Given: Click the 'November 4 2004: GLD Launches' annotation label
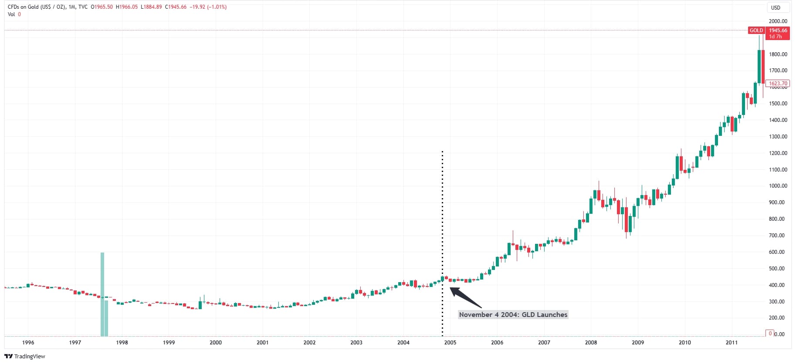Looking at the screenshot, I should point(513,315).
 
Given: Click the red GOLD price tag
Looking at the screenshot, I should point(756,30).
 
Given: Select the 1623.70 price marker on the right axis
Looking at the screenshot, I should point(778,84).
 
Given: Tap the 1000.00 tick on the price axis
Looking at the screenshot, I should point(778,186).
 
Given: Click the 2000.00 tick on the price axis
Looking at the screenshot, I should point(778,21).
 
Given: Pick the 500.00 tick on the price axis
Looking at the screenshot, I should point(778,269).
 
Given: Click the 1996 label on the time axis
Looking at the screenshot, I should point(28,343).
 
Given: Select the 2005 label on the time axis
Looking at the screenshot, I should point(450,343).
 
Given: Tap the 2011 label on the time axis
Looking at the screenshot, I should point(732,343).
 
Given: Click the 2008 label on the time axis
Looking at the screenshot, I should point(591,343).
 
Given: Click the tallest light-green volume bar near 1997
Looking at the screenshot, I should point(102,294).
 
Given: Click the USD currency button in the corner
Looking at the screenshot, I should point(776,7).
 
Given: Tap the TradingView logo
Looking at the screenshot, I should point(25,356).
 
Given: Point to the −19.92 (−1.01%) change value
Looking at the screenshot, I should point(208,7).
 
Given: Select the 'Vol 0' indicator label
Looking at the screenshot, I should point(14,14).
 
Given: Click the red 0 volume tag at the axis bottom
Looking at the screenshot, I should point(770,334).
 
